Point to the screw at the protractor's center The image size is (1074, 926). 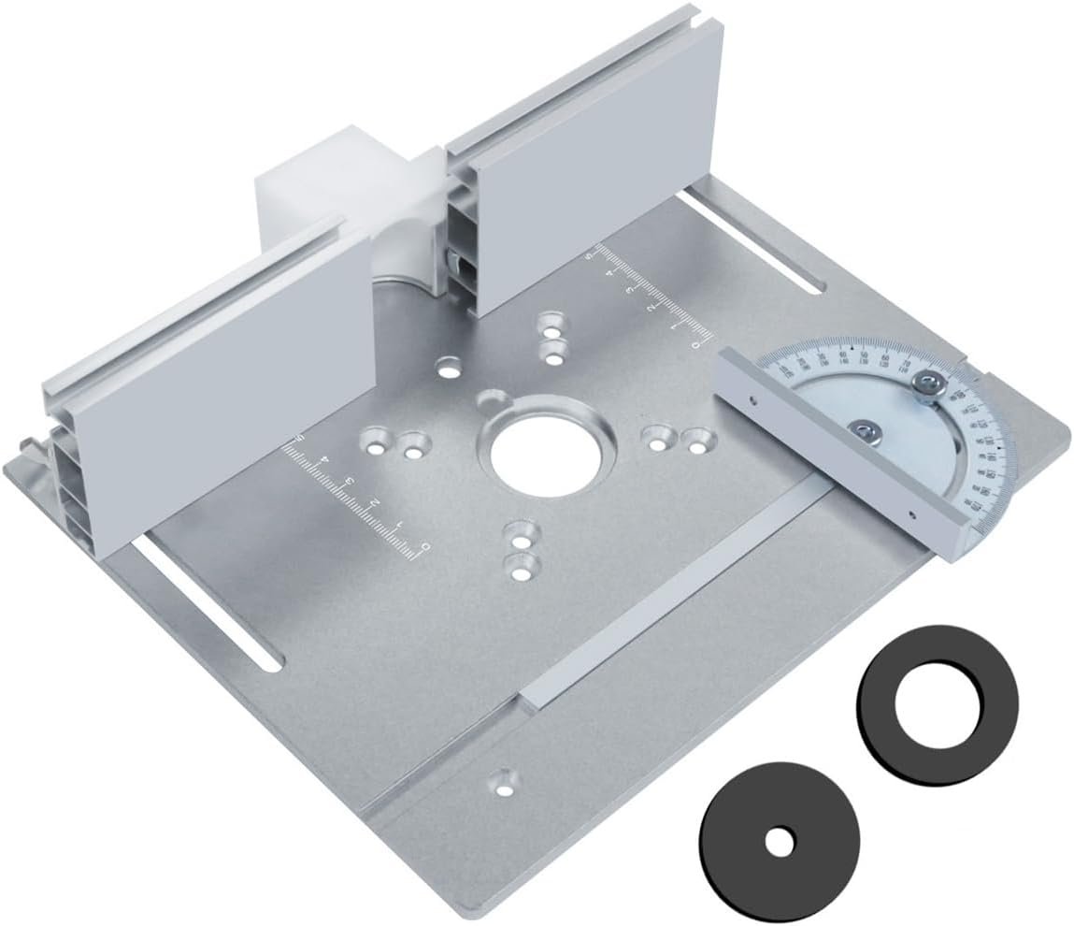click(x=861, y=429)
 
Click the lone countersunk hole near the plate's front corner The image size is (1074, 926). click(x=504, y=781)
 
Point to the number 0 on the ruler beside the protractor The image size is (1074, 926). click(x=694, y=343)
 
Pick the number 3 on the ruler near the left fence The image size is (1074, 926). click(x=349, y=482)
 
